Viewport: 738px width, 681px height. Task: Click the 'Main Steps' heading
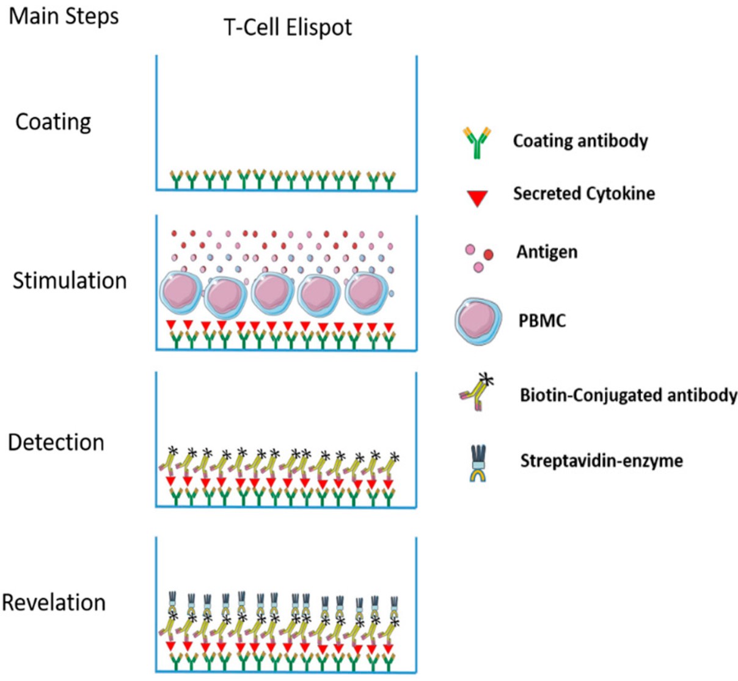(64, 16)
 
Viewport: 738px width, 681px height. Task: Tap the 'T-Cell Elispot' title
(288, 27)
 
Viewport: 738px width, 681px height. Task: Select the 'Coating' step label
(53, 122)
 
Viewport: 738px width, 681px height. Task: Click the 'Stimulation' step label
(70, 281)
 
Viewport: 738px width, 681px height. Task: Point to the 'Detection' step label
(56, 442)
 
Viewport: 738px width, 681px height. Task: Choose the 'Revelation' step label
(54, 602)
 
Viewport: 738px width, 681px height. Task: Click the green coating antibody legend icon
(477, 142)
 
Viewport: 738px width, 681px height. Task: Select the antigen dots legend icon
(478, 257)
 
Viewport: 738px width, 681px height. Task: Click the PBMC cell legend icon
(478, 321)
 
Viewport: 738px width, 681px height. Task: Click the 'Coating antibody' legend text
(580, 141)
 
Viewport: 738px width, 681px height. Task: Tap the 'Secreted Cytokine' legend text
(583, 194)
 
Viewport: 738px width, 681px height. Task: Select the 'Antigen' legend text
(547, 252)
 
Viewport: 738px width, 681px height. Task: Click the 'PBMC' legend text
(542, 321)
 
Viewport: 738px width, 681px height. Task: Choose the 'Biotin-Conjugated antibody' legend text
(628, 395)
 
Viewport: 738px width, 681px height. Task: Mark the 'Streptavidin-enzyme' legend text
(601, 461)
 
